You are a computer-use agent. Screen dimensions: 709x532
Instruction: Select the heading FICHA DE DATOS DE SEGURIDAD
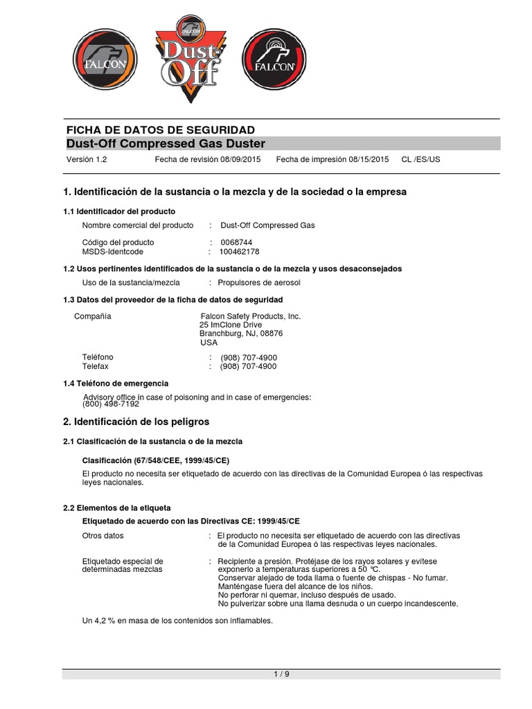click(x=160, y=129)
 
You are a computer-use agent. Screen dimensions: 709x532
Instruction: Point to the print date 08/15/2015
click(x=369, y=159)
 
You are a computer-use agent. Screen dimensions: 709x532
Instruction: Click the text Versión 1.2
click(x=87, y=159)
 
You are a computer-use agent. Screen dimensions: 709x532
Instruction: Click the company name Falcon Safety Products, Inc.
click(x=250, y=316)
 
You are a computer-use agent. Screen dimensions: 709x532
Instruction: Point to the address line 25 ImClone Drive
click(x=231, y=325)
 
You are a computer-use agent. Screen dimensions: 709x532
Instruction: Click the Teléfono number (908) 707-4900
click(x=248, y=357)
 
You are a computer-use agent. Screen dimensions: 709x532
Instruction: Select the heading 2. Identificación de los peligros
click(x=136, y=421)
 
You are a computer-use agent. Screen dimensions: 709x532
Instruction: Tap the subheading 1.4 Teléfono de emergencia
click(x=116, y=383)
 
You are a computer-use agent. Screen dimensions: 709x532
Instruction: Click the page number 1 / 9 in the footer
click(x=281, y=674)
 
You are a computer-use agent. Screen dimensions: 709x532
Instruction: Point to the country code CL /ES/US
click(x=420, y=159)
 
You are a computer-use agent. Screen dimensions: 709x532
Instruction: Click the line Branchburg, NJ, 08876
click(x=241, y=334)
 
